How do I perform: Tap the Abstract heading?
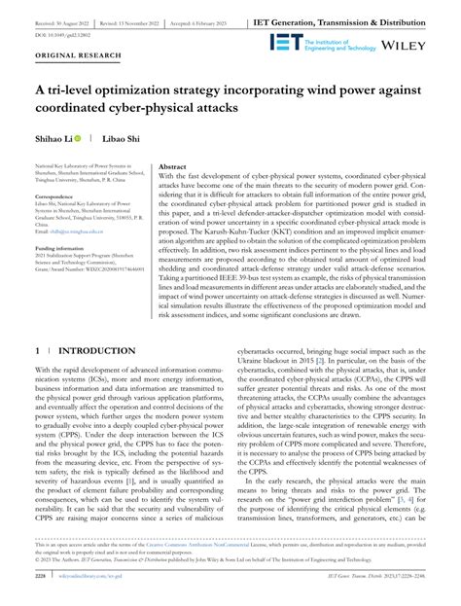click(172, 167)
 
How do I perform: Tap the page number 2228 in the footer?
click(40, 588)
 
